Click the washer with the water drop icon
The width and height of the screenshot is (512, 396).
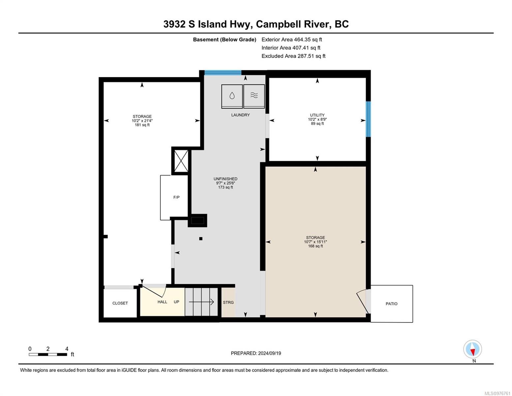232,96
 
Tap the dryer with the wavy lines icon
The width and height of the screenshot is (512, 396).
254,96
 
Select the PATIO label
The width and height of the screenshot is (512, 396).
391,304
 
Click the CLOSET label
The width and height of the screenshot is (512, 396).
120,303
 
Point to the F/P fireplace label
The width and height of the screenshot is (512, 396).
176,197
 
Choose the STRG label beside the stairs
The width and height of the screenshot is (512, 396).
228,302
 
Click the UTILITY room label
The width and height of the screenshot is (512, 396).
317,115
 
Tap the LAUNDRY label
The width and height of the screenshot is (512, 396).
240,115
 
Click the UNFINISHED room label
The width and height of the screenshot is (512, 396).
226,179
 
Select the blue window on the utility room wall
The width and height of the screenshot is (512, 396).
368,119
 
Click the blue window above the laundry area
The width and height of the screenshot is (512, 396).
223,73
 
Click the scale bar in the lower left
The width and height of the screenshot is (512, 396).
48,354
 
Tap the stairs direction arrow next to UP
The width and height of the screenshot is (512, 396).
201,302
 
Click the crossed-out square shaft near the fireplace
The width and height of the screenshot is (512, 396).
181,161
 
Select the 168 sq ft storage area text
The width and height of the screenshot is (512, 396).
315,246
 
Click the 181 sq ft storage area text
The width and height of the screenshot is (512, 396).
142,125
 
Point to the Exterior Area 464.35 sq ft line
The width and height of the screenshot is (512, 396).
292,40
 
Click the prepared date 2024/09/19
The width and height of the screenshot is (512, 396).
270,353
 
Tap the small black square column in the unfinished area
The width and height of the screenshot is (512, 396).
201,239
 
